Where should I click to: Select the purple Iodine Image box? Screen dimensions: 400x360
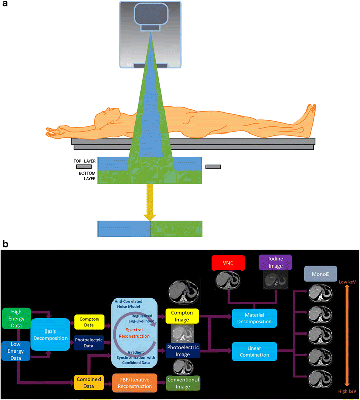point(275,263)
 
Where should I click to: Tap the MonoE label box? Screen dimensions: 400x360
point(320,275)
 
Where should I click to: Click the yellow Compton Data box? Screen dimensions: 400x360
point(89,321)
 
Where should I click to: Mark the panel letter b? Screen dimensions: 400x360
point(5,244)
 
